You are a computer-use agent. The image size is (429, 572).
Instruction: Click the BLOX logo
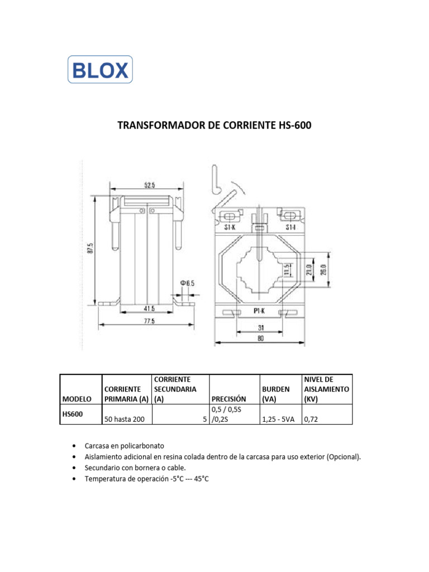(x=100, y=70)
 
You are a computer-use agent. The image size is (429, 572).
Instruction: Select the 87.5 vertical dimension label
(x=90, y=249)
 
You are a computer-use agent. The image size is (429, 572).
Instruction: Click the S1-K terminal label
(x=230, y=228)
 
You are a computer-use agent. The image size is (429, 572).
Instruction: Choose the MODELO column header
(x=77, y=399)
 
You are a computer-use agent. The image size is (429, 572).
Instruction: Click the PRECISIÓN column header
(x=228, y=399)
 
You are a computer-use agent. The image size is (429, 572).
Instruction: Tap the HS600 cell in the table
(x=72, y=414)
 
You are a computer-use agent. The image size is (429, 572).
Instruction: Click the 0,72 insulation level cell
(x=311, y=420)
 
